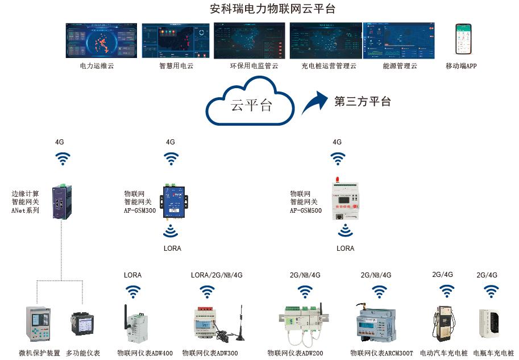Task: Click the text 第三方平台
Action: coord(362,102)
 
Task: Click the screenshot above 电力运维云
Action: coord(101,40)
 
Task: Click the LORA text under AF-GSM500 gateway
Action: coord(345,249)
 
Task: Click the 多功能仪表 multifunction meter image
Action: coord(81,326)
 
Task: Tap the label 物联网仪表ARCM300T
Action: coord(381,353)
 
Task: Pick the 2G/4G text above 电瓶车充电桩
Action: coord(487,275)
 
